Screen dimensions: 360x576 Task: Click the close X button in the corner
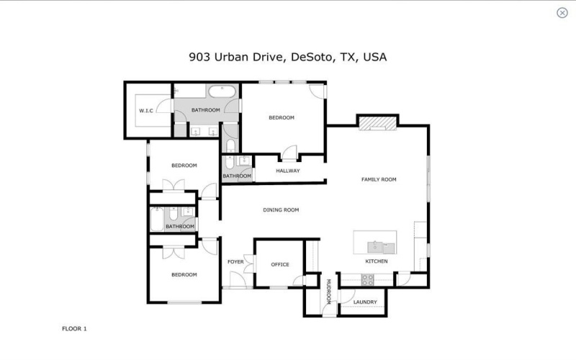pyautogui.click(x=562, y=12)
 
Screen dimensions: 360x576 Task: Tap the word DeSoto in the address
pyautogui.click(x=312, y=57)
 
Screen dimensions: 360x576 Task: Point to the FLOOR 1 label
pyautogui.click(x=74, y=328)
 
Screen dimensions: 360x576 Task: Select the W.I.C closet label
pyautogui.click(x=147, y=110)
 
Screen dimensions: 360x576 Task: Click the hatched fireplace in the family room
pyautogui.click(x=378, y=124)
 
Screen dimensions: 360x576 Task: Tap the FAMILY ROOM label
pyautogui.click(x=379, y=179)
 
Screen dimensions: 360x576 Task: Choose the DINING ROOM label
pyautogui.click(x=280, y=210)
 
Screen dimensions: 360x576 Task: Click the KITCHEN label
pyautogui.click(x=377, y=261)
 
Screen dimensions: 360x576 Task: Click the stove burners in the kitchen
pyautogui.click(x=367, y=279)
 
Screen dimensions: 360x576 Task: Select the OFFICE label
pyautogui.click(x=279, y=264)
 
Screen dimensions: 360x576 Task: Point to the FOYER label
pyautogui.click(x=235, y=261)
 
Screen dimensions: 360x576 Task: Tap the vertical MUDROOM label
pyautogui.click(x=328, y=291)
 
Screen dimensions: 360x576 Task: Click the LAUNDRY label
pyautogui.click(x=365, y=302)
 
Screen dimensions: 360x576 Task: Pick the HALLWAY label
pyautogui.click(x=287, y=171)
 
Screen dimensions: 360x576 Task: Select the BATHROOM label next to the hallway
pyautogui.click(x=236, y=176)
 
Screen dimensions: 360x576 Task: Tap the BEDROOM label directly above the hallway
pyautogui.click(x=282, y=117)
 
